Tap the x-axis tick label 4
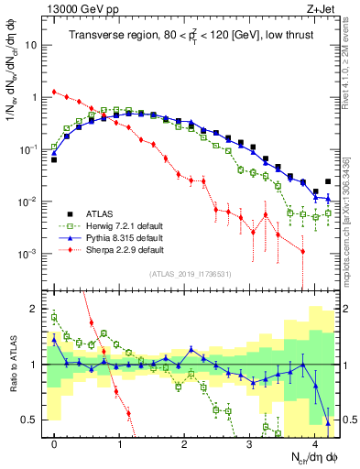315,442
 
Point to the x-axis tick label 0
55,442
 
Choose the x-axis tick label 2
185,442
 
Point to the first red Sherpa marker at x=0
55,92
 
